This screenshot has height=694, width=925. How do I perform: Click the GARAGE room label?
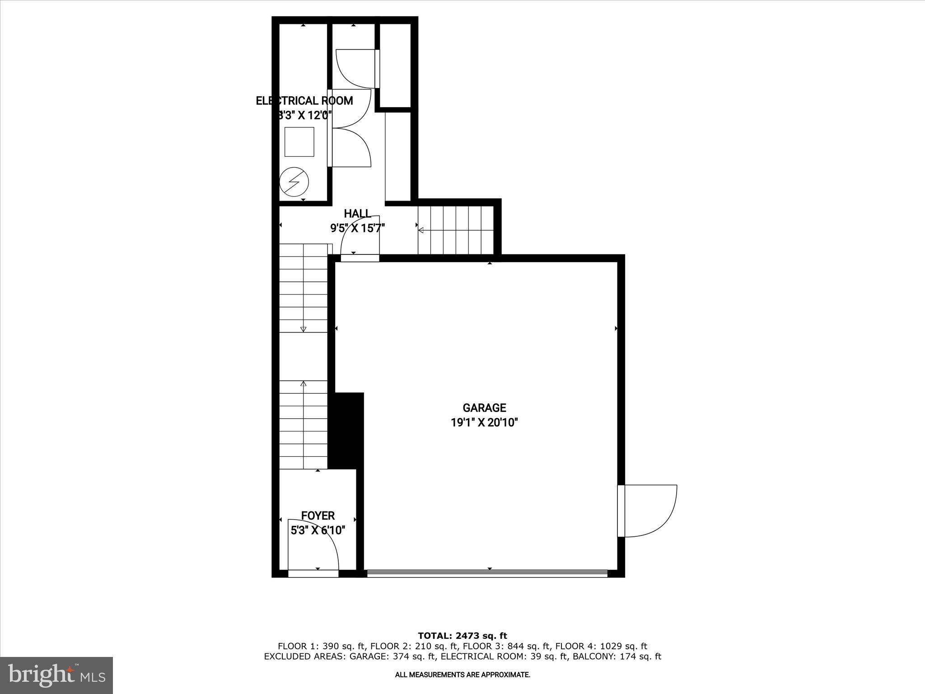(x=484, y=408)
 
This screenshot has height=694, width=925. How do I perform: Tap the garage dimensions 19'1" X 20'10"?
(x=484, y=423)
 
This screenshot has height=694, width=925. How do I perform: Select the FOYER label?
(x=318, y=516)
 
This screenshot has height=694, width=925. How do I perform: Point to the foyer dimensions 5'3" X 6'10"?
(x=318, y=530)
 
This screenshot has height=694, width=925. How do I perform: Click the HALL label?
(x=357, y=214)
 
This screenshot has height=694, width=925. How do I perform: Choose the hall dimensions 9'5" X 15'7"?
(x=357, y=228)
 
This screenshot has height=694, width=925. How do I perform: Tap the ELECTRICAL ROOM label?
(x=304, y=101)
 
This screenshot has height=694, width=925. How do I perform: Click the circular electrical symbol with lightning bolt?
(x=294, y=183)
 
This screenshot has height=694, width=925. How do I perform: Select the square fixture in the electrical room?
(x=299, y=142)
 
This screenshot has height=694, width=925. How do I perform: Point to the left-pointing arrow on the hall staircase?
(x=421, y=230)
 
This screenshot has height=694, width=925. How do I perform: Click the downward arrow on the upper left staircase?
(x=303, y=329)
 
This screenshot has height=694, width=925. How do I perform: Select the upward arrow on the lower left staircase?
(x=303, y=384)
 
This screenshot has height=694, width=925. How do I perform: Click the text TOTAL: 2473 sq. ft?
(x=462, y=636)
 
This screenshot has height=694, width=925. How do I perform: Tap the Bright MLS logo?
(x=56, y=675)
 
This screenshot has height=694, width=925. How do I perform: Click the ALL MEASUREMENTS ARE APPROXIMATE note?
(x=462, y=675)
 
